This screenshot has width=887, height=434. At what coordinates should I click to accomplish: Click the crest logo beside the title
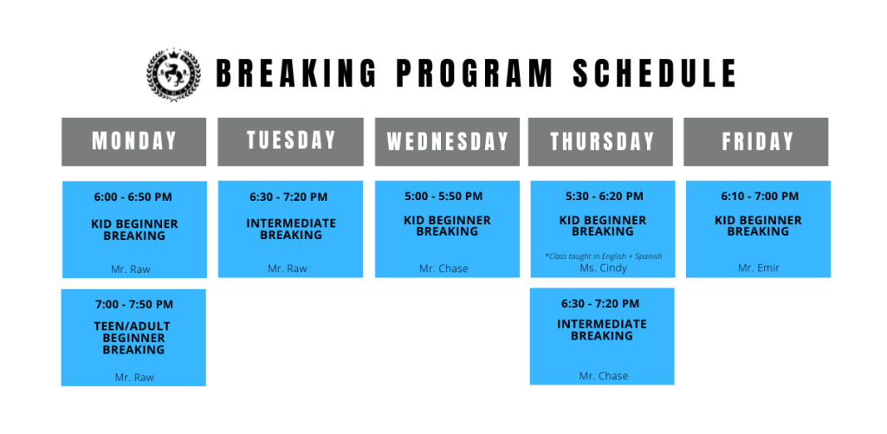coord(173,74)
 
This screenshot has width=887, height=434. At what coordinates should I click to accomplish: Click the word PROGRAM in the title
coord(474,74)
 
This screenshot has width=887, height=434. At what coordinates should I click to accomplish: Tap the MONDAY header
coord(134,141)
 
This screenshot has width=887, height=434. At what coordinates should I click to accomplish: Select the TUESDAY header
coord(291,141)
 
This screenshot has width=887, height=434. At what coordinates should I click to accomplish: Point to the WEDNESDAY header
coord(447,141)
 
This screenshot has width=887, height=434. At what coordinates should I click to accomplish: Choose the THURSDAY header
coord(601,141)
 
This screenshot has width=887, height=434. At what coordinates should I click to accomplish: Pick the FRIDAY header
coord(756,141)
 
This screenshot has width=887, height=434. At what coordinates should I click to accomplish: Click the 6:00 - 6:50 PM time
coord(133,198)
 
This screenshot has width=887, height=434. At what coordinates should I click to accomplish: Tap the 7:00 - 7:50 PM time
coord(134,304)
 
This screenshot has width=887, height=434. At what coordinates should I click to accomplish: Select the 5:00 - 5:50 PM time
coord(443,197)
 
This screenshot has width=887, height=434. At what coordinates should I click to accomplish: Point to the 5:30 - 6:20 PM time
coord(604,197)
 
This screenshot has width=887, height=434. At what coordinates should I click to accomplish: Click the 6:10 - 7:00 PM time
coord(760,197)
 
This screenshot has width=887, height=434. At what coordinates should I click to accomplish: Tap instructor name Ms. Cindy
coord(603,269)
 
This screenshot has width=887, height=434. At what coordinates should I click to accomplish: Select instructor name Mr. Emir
coord(759,269)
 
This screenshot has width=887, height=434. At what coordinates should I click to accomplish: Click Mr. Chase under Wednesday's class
coord(443,269)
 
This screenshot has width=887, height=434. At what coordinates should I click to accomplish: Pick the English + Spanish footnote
coord(603,256)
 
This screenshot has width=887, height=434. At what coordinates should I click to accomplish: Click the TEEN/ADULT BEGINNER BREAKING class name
coord(133,338)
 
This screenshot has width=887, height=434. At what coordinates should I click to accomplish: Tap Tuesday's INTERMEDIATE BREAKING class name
coord(291,230)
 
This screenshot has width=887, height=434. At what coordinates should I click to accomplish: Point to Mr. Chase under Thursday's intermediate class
coord(604,376)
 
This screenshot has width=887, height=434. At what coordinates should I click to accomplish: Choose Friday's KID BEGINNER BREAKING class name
coord(758,226)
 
